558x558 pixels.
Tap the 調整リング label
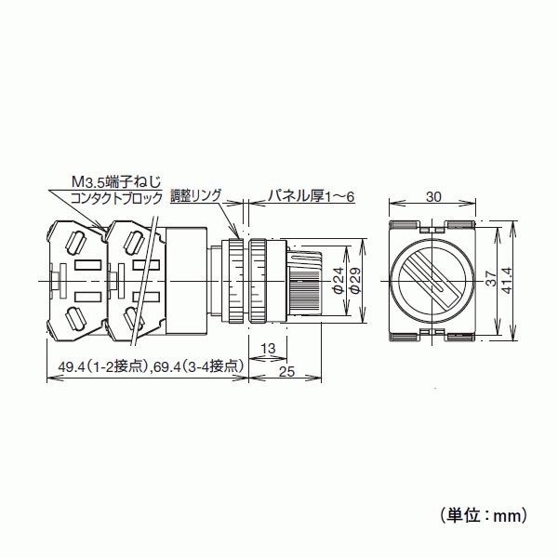pos(195,196)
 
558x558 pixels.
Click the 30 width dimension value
pos(434,196)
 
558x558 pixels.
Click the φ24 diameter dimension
pos(338,281)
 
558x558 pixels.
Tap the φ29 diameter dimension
pos(355,281)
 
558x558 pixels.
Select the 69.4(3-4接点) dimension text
pos(198,366)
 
